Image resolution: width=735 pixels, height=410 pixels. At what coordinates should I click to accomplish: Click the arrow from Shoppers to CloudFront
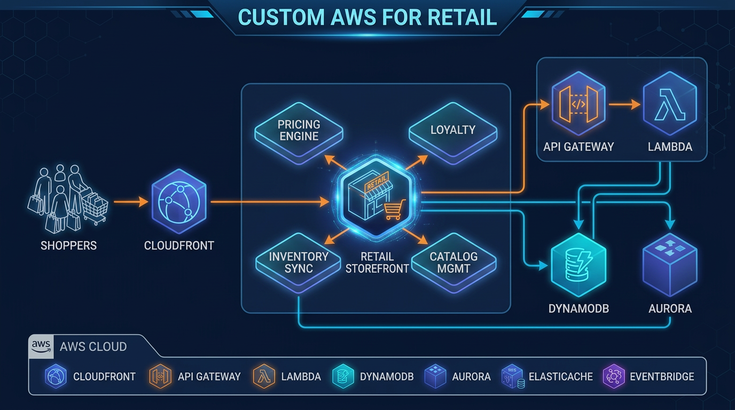(x=130, y=202)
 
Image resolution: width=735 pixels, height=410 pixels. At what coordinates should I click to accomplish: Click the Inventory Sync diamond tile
(x=299, y=262)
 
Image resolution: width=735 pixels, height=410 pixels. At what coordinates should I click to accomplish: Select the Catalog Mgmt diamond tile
(x=453, y=262)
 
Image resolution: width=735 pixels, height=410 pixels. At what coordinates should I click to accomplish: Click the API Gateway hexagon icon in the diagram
(x=578, y=105)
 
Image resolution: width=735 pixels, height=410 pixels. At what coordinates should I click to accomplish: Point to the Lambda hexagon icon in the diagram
(x=669, y=105)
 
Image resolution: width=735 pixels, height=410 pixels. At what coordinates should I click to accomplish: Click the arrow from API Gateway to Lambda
(x=624, y=105)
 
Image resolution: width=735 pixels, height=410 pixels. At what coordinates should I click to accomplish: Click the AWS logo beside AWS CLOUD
(x=41, y=346)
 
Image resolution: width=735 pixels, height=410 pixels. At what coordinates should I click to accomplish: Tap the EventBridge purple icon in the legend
(x=614, y=376)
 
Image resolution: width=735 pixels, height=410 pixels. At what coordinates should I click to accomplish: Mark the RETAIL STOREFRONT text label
(x=377, y=262)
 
